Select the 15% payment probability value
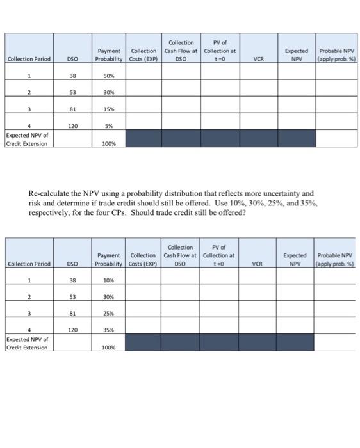[108, 109]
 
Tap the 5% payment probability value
[108, 126]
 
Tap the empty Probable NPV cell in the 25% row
[336, 314]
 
